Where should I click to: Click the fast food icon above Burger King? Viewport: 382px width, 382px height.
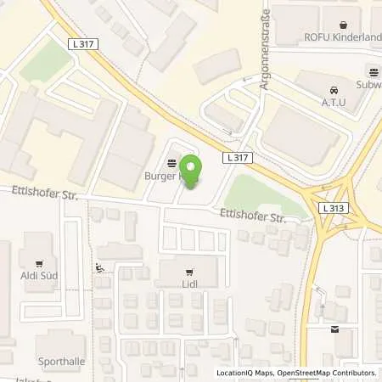[x=172, y=163]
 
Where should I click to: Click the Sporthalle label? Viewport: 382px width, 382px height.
[x=60, y=361]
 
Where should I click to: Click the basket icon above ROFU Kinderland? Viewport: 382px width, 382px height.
[x=342, y=24]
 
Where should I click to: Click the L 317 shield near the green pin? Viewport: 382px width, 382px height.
[x=239, y=158]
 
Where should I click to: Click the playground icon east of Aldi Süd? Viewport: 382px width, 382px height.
[x=101, y=269]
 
